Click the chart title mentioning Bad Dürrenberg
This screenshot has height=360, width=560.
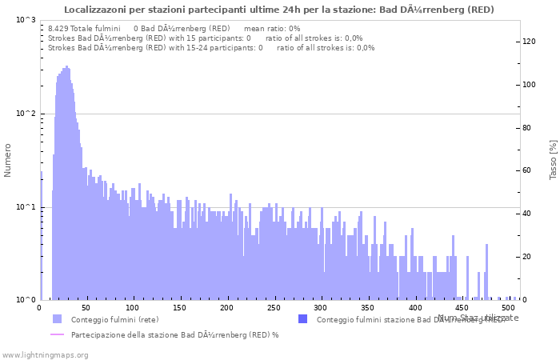tap(278, 10)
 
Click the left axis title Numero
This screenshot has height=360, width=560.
tap(8, 160)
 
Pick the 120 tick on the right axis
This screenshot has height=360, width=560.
tap(530, 42)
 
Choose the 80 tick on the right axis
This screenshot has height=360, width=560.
tap(528, 128)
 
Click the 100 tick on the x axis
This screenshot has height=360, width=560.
tap(133, 307)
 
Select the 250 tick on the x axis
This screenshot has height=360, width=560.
tap(274, 307)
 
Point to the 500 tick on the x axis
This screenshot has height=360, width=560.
tap(508, 307)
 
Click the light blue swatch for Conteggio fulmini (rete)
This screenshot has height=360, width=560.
tap(57, 319)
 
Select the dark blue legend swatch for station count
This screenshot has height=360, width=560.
tap(302, 319)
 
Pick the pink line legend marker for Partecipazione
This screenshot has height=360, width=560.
tap(57, 334)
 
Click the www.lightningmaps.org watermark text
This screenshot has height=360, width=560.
tap(45, 354)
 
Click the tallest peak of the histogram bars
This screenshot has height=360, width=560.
tap(66, 67)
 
